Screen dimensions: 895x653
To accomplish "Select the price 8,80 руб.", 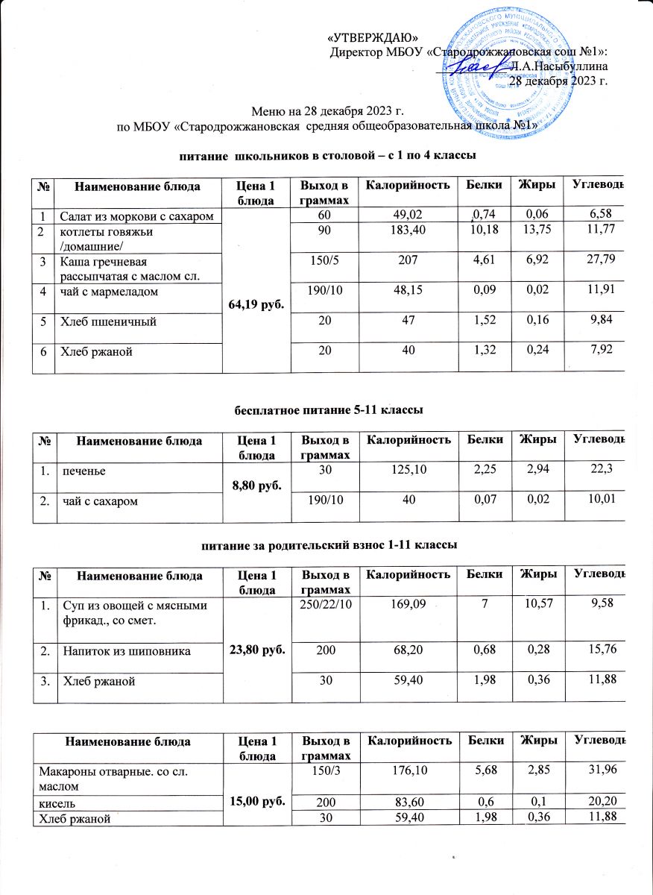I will coord(256,483).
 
